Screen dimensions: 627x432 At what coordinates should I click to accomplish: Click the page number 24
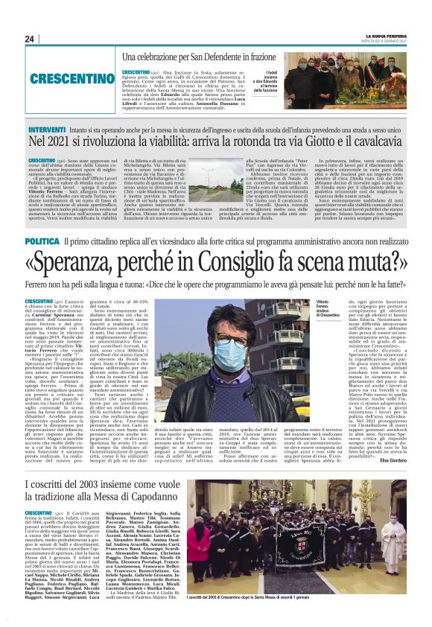click(29, 39)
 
